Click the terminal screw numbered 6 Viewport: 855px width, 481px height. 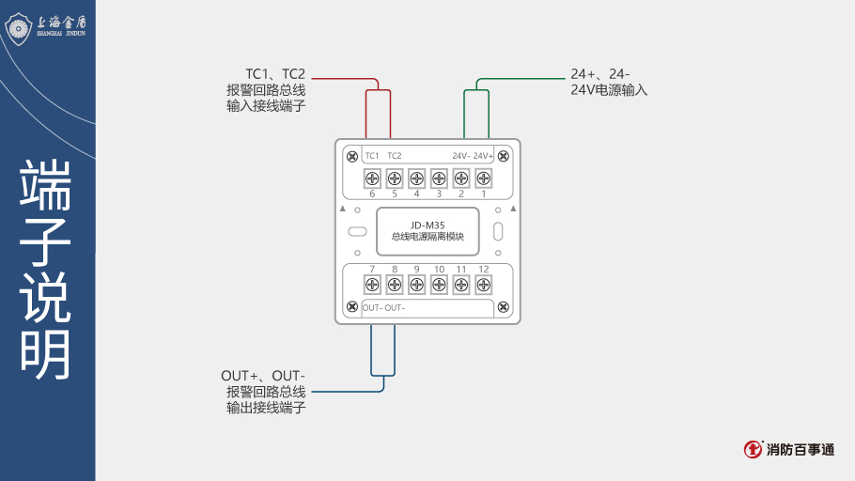[x=372, y=178]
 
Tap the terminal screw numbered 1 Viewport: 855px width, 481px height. [x=483, y=178]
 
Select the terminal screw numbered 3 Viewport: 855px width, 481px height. [x=439, y=178]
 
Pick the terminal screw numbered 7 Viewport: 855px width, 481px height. [x=372, y=285]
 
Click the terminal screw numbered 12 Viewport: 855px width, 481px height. [x=483, y=285]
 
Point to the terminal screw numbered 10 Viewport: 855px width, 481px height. [x=439, y=285]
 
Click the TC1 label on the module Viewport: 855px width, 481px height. [x=372, y=156]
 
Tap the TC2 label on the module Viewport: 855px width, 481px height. [x=395, y=156]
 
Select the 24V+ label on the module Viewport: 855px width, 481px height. [x=483, y=156]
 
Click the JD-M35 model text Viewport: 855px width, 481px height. [x=427, y=225]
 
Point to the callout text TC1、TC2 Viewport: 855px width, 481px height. [x=275, y=73]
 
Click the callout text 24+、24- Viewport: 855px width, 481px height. [x=600, y=73]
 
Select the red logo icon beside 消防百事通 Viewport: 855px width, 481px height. [x=753, y=450]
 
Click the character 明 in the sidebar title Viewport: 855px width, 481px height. [x=46, y=354]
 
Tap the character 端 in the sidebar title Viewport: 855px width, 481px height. [x=46, y=186]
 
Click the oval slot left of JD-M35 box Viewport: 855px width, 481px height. [x=357, y=231]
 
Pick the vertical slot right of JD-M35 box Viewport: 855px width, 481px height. [x=498, y=231]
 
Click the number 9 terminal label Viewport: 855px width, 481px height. [x=416, y=270]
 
